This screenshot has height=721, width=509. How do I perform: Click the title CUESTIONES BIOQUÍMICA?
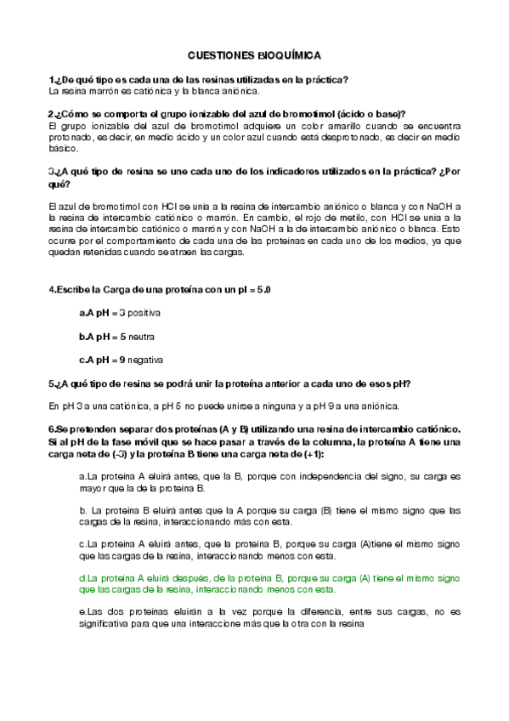click(x=254, y=54)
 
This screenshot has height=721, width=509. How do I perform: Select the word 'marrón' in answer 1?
click(x=93, y=91)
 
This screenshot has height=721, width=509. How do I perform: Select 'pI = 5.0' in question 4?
click(x=252, y=290)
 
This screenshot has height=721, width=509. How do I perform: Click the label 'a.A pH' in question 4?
click(x=93, y=314)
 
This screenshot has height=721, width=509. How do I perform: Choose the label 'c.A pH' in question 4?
click(x=93, y=359)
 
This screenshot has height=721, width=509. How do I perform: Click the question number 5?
click(x=51, y=383)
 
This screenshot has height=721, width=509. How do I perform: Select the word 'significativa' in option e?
click(x=105, y=622)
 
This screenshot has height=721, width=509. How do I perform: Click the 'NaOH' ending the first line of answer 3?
click(x=445, y=207)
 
